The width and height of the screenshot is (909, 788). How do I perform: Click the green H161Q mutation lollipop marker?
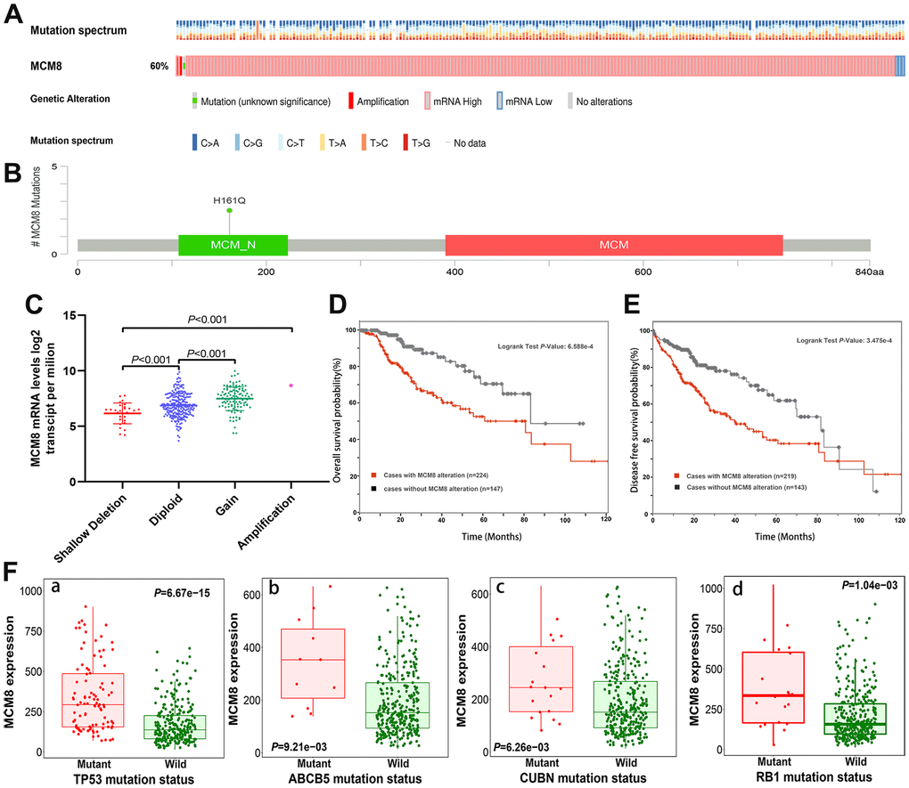coord(229,210)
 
